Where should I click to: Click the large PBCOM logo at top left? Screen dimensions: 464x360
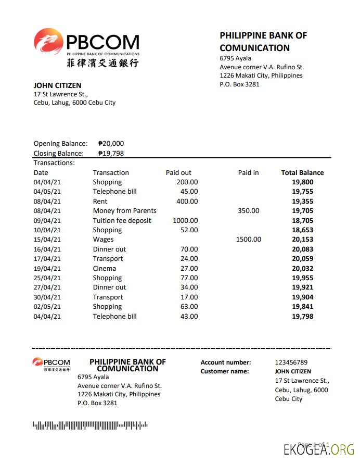coord(86,47)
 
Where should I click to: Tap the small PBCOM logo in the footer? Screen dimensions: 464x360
coord(51,364)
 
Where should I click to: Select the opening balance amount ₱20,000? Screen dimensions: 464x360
coord(111,144)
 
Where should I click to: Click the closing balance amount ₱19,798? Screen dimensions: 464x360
coord(111,153)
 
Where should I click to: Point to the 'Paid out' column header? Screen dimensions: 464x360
coord(178,173)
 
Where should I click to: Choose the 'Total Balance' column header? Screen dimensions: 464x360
coord(302,173)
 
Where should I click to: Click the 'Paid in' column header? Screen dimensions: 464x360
coord(248,173)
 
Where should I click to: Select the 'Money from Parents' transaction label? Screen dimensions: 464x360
coord(124,211)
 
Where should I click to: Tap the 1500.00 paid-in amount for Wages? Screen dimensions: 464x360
coord(248,240)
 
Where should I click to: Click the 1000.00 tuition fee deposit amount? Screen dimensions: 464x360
coord(185,221)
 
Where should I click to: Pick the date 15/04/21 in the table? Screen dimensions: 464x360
coord(47,240)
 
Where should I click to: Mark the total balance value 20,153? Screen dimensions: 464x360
coord(302,240)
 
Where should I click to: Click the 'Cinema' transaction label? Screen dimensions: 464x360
coord(105,269)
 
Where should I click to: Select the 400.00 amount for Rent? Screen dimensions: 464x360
coord(187,202)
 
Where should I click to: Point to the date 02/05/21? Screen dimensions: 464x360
coord(47,307)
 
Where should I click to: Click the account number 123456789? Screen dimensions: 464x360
coord(291,362)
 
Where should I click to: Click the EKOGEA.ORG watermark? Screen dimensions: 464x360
coord(319,449)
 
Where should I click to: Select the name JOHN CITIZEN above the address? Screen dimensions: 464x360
coord(57,85)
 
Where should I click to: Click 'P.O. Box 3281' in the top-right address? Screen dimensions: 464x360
coord(239,84)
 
